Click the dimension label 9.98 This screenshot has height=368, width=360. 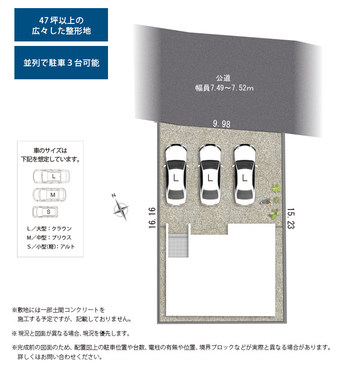pyautogui.click(x=221, y=124)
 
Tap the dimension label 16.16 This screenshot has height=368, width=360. pyautogui.click(x=152, y=218)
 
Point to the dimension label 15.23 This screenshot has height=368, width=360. pyautogui.click(x=291, y=218)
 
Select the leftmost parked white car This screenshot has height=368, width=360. pyautogui.click(x=176, y=174)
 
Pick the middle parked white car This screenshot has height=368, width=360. pyautogui.click(x=210, y=174)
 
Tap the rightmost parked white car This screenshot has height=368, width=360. pyautogui.click(x=245, y=174)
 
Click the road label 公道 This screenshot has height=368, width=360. pyautogui.click(x=223, y=77)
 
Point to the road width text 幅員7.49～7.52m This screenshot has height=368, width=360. pyautogui.click(x=225, y=88)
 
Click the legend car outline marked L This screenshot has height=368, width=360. pyautogui.click(x=51, y=176)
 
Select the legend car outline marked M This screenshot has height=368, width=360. pyautogui.click(x=49, y=195)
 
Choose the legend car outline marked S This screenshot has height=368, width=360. pyautogui.click(x=45, y=212)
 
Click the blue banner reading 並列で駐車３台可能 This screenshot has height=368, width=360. pyautogui.click(x=61, y=63)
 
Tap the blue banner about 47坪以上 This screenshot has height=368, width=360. pyautogui.click(x=61, y=25)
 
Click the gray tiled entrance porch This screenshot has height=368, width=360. pyautogui.click(x=178, y=245)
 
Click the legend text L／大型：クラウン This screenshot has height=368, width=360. pyautogui.click(x=49, y=228)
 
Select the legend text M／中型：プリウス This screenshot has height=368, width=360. pyautogui.click(x=49, y=237)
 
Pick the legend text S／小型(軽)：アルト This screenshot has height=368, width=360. pyautogui.click(x=51, y=247)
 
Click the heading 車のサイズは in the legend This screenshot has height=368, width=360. pyautogui.click(x=50, y=150)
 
